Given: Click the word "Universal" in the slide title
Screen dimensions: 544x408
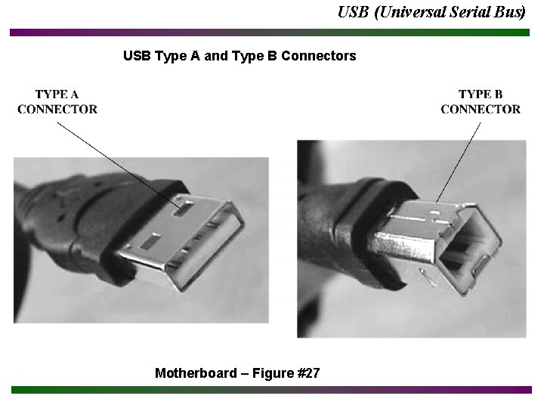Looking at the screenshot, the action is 409,12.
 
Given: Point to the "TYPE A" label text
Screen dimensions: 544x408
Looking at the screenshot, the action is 57,94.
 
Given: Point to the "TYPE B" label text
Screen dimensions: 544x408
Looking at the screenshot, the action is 481,94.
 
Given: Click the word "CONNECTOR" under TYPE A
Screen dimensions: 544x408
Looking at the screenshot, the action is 57,109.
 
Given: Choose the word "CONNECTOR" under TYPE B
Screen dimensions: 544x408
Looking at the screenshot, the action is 481,109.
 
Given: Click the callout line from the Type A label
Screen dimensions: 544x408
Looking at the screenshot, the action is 113,159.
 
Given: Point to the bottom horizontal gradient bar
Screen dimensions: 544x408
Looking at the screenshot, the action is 272,390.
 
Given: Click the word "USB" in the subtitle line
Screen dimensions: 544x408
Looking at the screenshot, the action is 137,56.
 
